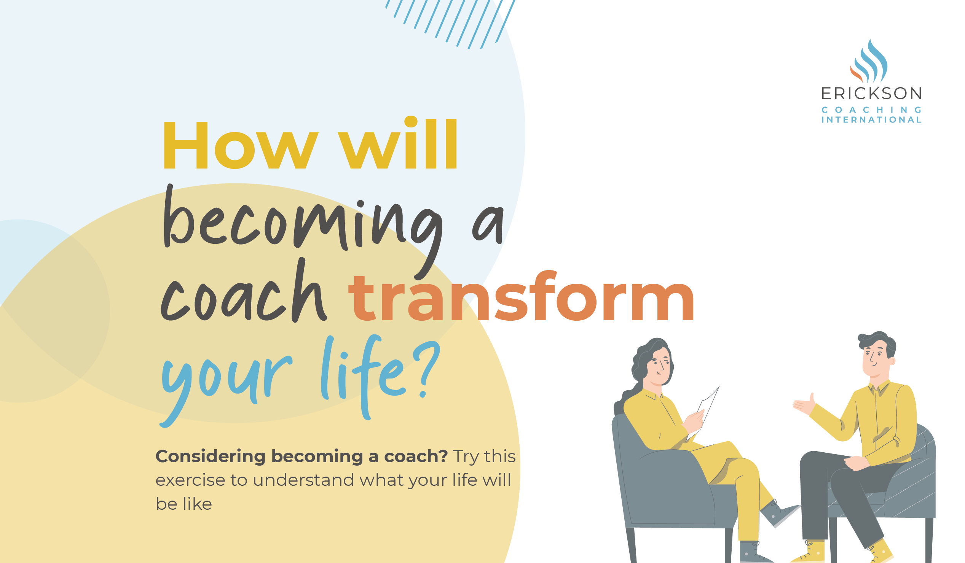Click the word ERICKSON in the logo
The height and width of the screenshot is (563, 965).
tap(871, 94)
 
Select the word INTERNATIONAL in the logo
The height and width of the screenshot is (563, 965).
tap(871, 120)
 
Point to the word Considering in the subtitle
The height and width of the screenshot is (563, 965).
tap(210, 456)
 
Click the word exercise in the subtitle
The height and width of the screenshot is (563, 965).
tap(190, 480)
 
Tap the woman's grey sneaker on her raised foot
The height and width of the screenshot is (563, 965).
tap(777, 513)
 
